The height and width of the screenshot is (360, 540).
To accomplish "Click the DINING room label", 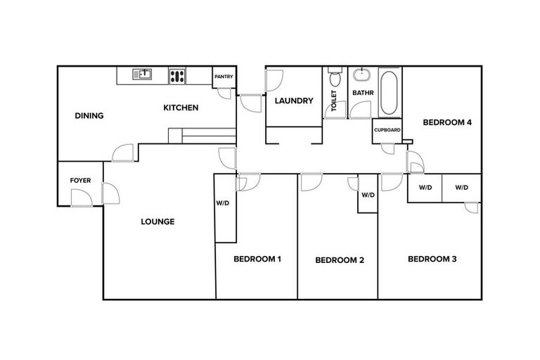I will click(89, 116).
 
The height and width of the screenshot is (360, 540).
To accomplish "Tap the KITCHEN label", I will click(181, 108).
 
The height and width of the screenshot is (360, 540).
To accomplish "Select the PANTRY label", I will click(224, 77).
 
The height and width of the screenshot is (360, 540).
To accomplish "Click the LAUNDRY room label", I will click(294, 101).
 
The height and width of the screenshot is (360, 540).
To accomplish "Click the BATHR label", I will click(362, 92).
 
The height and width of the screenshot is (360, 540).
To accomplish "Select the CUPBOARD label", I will click(387, 130).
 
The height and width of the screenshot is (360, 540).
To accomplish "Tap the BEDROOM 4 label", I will click(446, 122).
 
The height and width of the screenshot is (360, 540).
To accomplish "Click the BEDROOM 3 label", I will click(432, 259).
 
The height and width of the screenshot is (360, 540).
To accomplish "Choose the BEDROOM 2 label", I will click(340, 259).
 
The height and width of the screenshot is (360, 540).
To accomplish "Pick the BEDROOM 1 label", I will click(257, 259).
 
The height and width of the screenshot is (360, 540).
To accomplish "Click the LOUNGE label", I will click(157, 221).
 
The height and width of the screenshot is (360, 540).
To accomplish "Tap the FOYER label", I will click(80, 181).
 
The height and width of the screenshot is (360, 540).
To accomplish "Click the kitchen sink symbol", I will click(143, 74).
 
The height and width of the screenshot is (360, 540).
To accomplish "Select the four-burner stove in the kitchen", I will click(177, 75).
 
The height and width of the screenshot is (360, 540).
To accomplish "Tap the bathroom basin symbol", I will click(362, 74).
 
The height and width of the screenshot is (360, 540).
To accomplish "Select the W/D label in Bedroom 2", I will click(368, 195).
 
